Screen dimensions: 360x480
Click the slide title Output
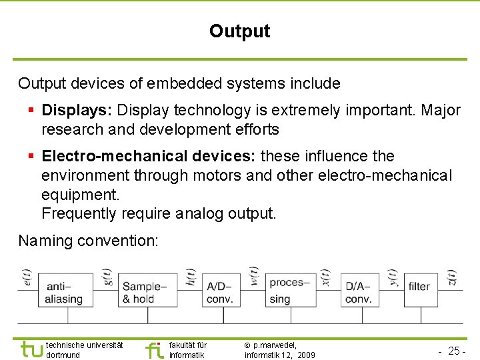239,31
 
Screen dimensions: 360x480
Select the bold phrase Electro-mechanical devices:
149,157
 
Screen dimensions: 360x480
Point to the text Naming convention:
88,241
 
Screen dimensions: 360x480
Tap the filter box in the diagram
419,287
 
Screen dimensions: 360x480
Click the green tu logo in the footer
31,349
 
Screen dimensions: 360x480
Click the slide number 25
456,351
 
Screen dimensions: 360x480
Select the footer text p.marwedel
275,345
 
